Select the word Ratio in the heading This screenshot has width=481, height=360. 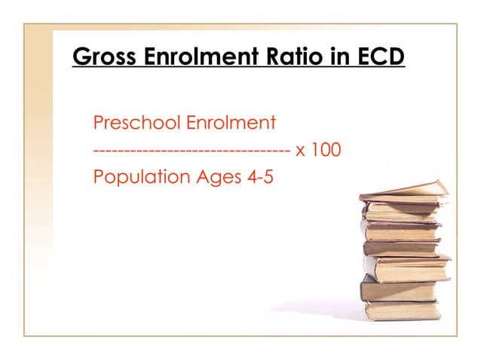[275, 56]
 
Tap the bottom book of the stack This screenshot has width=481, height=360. [401, 310]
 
